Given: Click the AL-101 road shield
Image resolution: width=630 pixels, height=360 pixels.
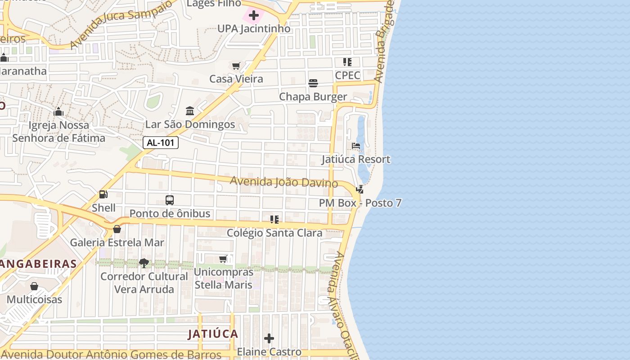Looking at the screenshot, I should click(x=161, y=143).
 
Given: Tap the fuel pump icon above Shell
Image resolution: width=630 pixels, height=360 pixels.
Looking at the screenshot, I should click(x=103, y=194).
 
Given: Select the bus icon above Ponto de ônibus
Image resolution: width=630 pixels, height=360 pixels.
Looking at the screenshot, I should click(x=170, y=200).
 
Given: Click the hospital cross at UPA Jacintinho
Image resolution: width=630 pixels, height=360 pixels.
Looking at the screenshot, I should click(x=254, y=16).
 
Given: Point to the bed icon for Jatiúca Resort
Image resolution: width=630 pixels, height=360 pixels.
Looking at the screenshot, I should click(x=356, y=146).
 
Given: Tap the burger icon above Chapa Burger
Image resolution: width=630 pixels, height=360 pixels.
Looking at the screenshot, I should click(x=313, y=83).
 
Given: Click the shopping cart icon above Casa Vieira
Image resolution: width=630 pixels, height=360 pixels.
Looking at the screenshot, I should click(x=236, y=66).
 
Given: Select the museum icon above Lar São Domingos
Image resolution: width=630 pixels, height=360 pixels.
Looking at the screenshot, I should click(x=190, y=111).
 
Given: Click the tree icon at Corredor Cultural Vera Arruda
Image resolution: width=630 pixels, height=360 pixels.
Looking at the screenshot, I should click(x=144, y=263).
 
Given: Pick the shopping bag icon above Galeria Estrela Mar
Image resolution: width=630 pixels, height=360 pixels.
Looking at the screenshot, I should click(x=117, y=229).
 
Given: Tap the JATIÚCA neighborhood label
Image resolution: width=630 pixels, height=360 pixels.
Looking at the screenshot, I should click(x=213, y=334).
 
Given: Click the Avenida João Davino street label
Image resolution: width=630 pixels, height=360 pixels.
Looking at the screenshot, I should click(x=284, y=182).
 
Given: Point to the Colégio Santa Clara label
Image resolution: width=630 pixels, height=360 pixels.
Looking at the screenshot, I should click(x=274, y=233).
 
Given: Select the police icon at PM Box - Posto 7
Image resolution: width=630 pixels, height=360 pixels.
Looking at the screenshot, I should click(x=360, y=189).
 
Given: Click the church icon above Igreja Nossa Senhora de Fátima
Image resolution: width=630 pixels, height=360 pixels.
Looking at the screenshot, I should click(x=58, y=112).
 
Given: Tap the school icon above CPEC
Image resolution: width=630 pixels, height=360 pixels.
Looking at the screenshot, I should click(x=347, y=62).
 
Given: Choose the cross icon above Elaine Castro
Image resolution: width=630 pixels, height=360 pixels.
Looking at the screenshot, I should click(x=269, y=338).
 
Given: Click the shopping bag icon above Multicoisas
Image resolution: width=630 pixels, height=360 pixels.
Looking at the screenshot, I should click(x=34, y=286).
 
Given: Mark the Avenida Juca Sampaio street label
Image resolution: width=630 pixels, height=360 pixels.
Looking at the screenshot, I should click(x=121, y=23).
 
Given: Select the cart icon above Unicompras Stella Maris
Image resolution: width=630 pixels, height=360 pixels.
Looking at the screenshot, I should click(x=223, y=259).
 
